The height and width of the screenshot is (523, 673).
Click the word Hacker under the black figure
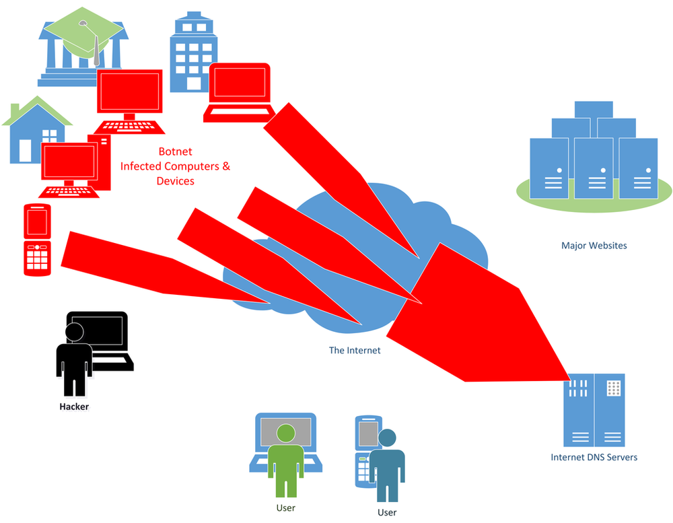click(x=74, y=407)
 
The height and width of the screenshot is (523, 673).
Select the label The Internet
click(x=355, y=350)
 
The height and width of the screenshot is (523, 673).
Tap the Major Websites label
click(x=594, y=246)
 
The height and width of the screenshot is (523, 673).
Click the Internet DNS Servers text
click(x=594, y=457)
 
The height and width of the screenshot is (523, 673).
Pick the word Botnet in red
click(x=175, y=151)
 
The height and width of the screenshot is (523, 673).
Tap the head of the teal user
click(x=387, y=438)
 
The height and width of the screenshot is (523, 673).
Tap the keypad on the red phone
click(x=38, y=256)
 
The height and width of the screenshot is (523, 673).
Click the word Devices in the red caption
click(x=175, y=181)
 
